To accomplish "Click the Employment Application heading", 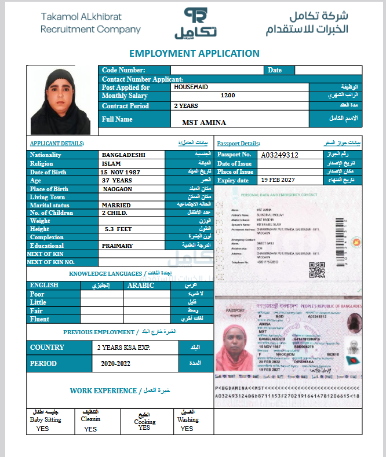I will [x=194, y=53].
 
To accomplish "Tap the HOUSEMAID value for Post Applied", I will [x=191, y=87].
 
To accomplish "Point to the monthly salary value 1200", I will [x=228, y=96].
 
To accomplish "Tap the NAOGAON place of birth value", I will [x=118, y=189].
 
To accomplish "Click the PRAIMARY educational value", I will [x=117, y=246].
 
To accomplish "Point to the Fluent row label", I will [x=40, y=319].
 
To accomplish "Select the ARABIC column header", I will [x=140, y=285].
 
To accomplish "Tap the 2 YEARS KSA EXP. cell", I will [x=123, y=348].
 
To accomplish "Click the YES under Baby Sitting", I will [x=42, y=429].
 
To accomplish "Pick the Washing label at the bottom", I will [x=188, y=419].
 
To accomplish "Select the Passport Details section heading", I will [x=239, y=143].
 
